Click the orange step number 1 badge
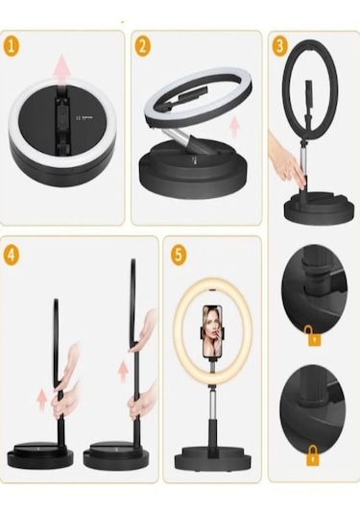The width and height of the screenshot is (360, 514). pyautogui.click(x=12, y=46)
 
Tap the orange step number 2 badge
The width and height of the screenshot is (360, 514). pyautogui.click(x=143, y=46)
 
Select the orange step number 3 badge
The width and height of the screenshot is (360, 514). pyautogui.click(x=279, y=47)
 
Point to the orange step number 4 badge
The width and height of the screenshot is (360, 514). pyautogui.click(x=12, y=254)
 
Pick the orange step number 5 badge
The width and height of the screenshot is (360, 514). pyautogui.click(x=179, y=255)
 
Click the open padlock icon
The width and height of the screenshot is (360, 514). pyautogui.click(x=314, y=335)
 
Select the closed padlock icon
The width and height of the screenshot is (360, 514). pyautogui.click(x=313, y=455)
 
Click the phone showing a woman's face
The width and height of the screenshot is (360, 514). pyautogui.click(x=212, y=331)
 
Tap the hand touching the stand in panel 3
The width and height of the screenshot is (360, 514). pyautogui.click(x=287, y=161)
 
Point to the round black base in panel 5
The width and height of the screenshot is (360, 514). pyautogui.click(x=212, y=461)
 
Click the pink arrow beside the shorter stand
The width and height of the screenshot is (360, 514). pyautogui.click(x=41, y=401)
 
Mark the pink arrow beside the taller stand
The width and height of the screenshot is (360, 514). pyautogui.click(x=123, y=372)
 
